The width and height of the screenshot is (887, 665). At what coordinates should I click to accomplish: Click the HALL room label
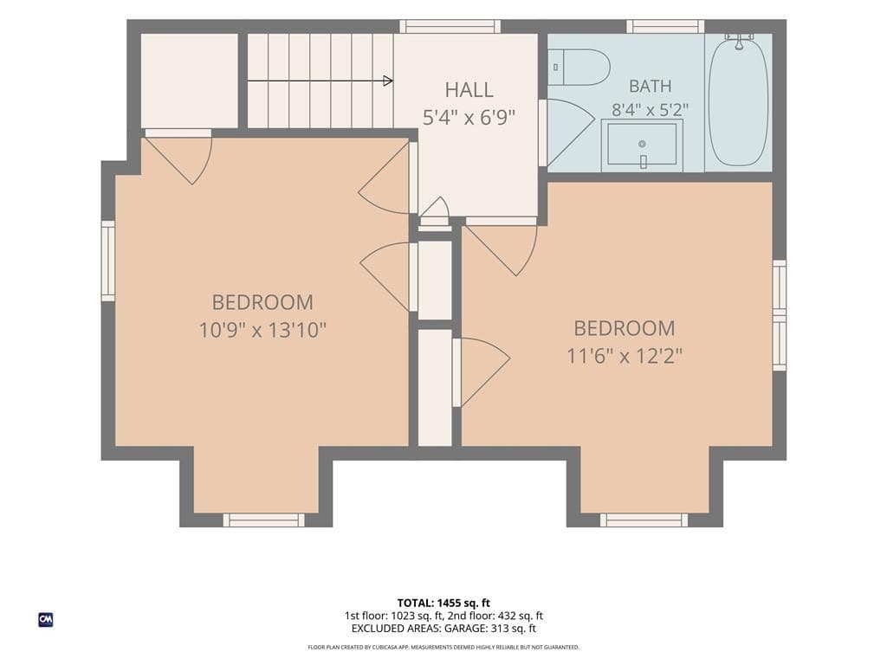pos(469,89)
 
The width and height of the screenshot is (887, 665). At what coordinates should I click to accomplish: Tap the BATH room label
pos(651,87)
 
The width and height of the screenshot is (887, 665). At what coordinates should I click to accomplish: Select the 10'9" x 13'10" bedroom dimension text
pos(262,330)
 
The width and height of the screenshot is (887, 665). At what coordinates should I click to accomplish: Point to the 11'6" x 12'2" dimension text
pos(625,356)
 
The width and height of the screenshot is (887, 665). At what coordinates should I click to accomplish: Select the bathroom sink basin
pos(642,145)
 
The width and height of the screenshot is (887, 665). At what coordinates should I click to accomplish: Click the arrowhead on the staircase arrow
pos(388,81)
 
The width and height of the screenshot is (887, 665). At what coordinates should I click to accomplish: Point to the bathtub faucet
pos(739,42)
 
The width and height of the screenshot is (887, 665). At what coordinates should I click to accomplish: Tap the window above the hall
pos(450,26)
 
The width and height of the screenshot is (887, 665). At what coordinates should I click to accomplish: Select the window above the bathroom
pos(665,26)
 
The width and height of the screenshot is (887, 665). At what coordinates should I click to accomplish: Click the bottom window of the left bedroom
pos(263,520)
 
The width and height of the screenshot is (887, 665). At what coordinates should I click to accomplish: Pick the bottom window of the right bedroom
pos(644,520)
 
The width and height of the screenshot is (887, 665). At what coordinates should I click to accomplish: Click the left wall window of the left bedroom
pos(108,261)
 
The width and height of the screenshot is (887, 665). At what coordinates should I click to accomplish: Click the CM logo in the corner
pos(46,620)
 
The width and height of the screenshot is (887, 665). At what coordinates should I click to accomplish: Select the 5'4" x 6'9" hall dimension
pos(469,118)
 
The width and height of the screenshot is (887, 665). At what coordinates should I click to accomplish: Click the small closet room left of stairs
pos(190,81)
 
